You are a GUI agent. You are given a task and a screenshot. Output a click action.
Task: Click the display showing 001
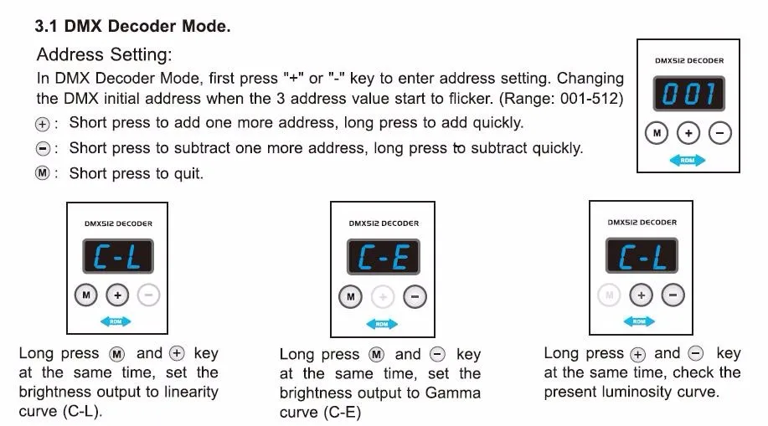pyautogui.click(x=688, y=94)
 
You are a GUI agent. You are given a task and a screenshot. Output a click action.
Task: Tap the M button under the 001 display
pyautogui.click(x=657, y=133)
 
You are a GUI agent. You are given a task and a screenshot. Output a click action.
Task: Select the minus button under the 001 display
pyautogui.click(x=719, y=133)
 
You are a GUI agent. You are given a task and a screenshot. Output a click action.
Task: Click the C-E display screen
pyautogui.click(x=383, y=257)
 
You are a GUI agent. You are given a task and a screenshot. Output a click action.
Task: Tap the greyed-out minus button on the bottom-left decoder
pyautogui.click(x=148, y=295)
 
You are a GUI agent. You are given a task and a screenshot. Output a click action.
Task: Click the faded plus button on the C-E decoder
pyautogui.click(x=383, y=297)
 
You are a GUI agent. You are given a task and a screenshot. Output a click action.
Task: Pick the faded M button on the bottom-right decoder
pyautogui.click(x=610, y=295)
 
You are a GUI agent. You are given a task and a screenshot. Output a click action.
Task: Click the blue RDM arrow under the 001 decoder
pyautogui.click(x=688, y=160)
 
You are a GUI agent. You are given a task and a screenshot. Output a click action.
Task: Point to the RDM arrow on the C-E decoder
pyautogui.click(x=382, y=324)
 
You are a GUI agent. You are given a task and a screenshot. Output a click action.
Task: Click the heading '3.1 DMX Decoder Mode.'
pyautogui.click(x=132, y=26)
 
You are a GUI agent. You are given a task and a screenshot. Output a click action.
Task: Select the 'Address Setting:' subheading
pyautogui.click(x=105, y=54)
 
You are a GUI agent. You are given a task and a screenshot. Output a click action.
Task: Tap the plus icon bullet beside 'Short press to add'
pyautogui.click(x=43, y=124)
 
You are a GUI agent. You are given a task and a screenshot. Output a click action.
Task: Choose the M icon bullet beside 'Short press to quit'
pyautogui.click(x=43, y=173)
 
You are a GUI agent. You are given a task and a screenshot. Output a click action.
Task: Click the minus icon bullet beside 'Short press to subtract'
pyautogui.click(x=43, y=148)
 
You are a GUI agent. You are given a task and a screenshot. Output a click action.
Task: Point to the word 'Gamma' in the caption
pyautogui.click(x=453, y=393)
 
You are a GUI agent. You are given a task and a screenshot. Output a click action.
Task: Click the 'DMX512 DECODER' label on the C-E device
pyautogui.click(x=384, y=223)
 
